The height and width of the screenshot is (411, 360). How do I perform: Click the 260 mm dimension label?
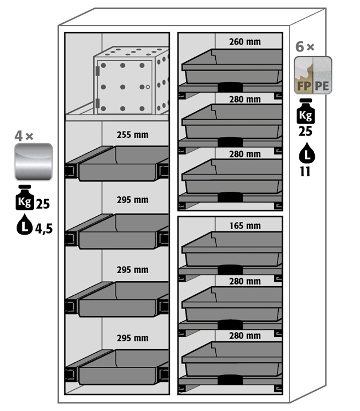click(x=244, y=41)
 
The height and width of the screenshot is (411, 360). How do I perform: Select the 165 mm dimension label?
click(x=244, y=226)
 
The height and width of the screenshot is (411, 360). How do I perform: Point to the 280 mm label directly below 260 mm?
click(x=244, y=100)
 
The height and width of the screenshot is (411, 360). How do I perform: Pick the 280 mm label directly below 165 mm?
click(x=244, y=281)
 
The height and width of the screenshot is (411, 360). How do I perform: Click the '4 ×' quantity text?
click(x=24, y=136)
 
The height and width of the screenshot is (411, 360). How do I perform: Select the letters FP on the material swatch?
click(x=303, y=86)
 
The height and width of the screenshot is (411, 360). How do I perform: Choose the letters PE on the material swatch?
click(x=322, y=86)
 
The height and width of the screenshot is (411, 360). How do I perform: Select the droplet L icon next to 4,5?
click(x=24, y=228)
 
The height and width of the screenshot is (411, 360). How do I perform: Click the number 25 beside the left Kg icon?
click(x=43, y=203)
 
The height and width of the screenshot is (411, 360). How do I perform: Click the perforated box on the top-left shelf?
click(x=133, y=80)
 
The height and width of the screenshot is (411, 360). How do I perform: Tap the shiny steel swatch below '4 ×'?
click(x=34, y=162)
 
